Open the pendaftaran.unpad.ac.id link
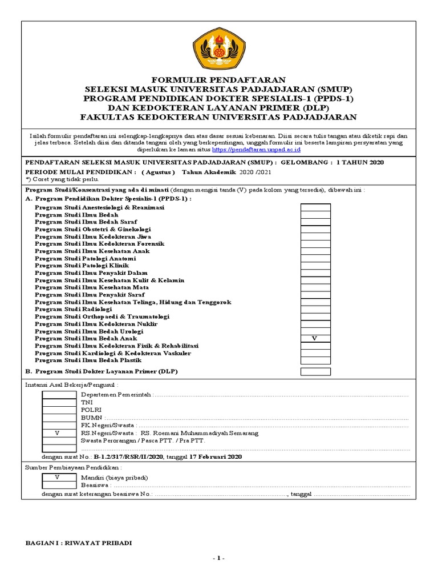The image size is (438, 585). [x=256, y=150]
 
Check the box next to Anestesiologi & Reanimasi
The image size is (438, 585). [x=315, y=207]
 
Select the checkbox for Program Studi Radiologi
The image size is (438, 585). [x=315, y=309]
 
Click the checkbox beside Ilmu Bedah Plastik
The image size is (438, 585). [x=315, y=360]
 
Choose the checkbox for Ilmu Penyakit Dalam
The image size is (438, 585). [x=315, y=273]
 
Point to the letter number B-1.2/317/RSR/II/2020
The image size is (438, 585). [x=128, y=457]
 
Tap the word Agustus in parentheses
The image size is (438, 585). [x=158, y=171]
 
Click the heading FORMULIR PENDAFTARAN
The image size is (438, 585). [x=219, y=81]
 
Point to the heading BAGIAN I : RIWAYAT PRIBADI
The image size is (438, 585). [x=79, y=543]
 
